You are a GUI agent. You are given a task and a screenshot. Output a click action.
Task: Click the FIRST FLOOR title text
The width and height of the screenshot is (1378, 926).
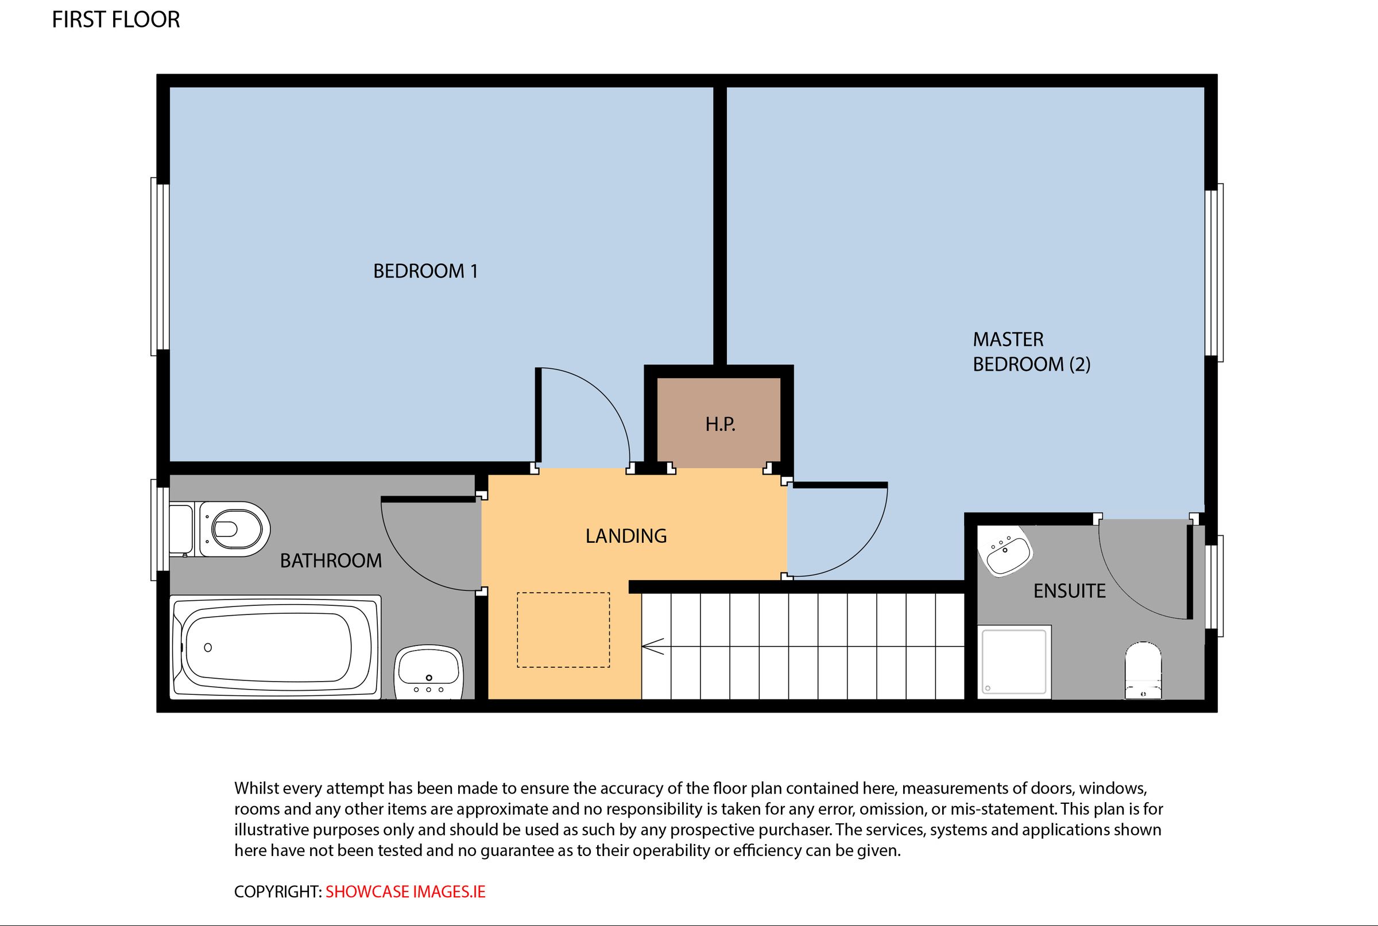pos(116,20)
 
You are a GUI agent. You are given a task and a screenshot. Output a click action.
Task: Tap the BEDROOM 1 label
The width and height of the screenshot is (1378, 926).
pos(425,271)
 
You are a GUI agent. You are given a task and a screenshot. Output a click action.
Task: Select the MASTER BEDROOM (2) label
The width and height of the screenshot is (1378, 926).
pos(1031,351)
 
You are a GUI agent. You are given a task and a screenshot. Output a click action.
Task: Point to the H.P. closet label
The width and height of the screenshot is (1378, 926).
pos(720,424)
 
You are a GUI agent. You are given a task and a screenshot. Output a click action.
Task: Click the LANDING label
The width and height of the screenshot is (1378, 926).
pos(626,536)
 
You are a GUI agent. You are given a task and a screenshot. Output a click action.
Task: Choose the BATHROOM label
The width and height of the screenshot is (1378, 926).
pos(330,561)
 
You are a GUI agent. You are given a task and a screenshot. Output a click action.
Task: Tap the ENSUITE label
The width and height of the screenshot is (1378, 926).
pos(1069,591)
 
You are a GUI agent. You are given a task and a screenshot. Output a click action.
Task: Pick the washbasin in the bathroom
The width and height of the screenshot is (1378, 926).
pos(428,671)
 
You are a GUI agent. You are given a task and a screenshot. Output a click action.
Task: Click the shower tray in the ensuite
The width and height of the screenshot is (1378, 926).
pos(1013,661)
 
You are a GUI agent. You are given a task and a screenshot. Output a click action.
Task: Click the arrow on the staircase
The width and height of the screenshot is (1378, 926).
pos(652,647)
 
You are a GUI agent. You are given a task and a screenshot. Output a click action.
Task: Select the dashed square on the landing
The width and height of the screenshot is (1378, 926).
pos(563,629)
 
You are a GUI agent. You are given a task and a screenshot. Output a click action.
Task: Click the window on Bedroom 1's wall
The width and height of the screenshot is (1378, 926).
pos(160,267)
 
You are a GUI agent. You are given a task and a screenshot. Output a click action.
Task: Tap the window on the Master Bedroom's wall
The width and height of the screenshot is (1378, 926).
pos(1214,273)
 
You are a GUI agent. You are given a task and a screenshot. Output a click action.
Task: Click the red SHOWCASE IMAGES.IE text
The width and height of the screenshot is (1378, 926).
pos(405,892)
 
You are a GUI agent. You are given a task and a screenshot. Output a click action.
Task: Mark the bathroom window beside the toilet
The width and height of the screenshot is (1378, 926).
pos(160,529)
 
